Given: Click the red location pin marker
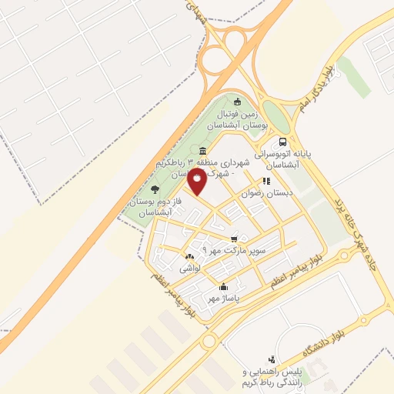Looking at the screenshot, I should pyautogui.click(x=198, y=182).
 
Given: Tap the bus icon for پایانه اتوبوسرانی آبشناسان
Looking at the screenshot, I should pyautogui.click(x=283, y=142).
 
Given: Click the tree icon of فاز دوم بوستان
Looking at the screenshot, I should pyautogui.click(x=155, y=189).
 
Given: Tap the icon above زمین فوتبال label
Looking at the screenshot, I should pyautogui.click(x=237, y=102).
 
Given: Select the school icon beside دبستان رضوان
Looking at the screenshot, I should pyautogui.click(x=266, y=182).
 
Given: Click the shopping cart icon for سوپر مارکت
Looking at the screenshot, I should pyautogui.click(x=234, y=239).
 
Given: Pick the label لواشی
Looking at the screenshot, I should pyautogui.click(x=190, y=269).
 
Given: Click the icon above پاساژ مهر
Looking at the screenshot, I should pyautogui.click(x=223, y=286).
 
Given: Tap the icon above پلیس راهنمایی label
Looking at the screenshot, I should pyautogui.click(x=271, y=359).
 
